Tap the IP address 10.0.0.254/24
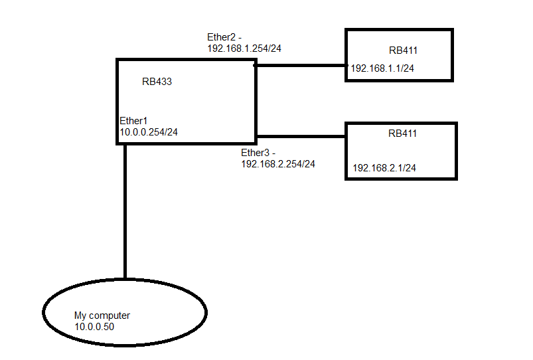pos(148,132)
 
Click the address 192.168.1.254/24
pos(246,48)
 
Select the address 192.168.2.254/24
pos(278,163)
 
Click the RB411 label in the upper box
pos(404,50)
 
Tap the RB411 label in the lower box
pos(403,134)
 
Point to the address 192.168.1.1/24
pos(383,68)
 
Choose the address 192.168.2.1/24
pos(384,168)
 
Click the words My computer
pos(102,315)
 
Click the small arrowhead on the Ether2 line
pos(255,66)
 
